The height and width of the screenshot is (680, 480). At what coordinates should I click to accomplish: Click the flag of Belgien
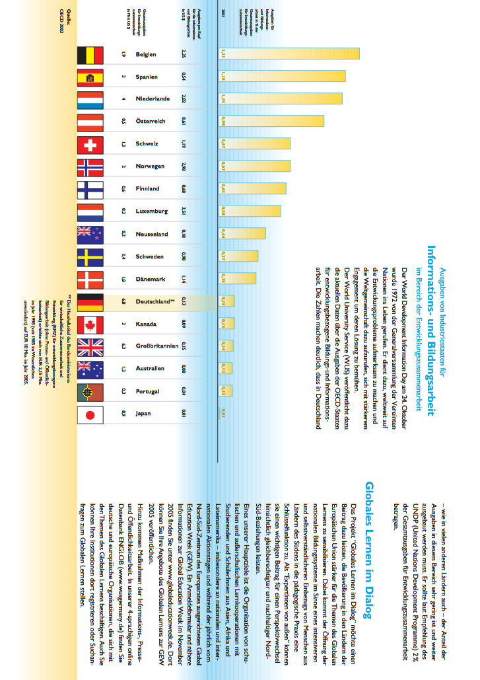[90, 54]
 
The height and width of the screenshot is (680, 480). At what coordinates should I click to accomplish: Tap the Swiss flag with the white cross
[90, 144]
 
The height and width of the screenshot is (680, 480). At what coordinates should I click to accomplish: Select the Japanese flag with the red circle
[90, 415]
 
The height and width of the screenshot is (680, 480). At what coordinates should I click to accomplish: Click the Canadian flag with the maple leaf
[90, 324]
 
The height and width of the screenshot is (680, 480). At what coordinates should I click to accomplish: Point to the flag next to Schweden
[90, 256]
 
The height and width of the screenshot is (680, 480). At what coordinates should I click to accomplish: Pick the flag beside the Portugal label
[90, 392]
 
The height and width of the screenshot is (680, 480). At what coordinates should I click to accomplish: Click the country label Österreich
[151, 122]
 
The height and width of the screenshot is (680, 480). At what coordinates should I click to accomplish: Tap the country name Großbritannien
[156, 346]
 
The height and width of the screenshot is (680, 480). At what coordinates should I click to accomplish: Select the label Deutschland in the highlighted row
[154, 301]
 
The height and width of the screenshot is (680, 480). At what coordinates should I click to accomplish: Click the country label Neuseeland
[152, 234]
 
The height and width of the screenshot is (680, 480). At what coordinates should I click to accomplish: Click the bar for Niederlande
[280, 99]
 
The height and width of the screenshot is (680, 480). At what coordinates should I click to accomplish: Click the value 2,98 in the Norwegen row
[183, 167]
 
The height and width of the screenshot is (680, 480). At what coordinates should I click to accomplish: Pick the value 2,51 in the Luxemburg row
[183, 211]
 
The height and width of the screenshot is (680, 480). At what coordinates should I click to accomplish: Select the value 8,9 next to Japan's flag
[123, 414]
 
